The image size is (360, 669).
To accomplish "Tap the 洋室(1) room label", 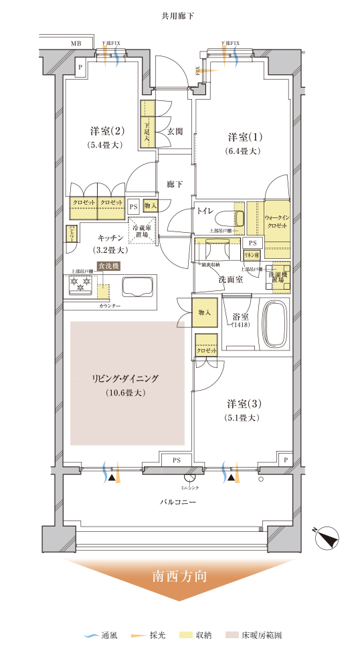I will [244, 137].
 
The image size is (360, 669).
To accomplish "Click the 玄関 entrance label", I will [175, 132].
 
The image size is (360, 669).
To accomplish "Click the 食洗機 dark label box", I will [108, 266].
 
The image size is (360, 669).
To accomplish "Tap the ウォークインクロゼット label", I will [276, 223].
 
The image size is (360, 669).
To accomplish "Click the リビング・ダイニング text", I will [125, 379].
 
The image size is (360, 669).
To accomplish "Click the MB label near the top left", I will [76, 43].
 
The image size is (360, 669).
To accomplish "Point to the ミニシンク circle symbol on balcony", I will [189, 478].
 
